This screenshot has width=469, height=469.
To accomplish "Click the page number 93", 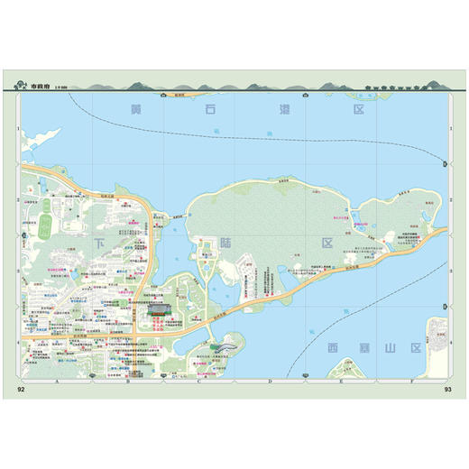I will (446, 390).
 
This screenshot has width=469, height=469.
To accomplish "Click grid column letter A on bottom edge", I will (57, 383).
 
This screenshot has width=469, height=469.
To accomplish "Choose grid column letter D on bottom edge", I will (270, 383).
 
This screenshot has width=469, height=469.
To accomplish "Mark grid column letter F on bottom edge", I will (412, 383).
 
